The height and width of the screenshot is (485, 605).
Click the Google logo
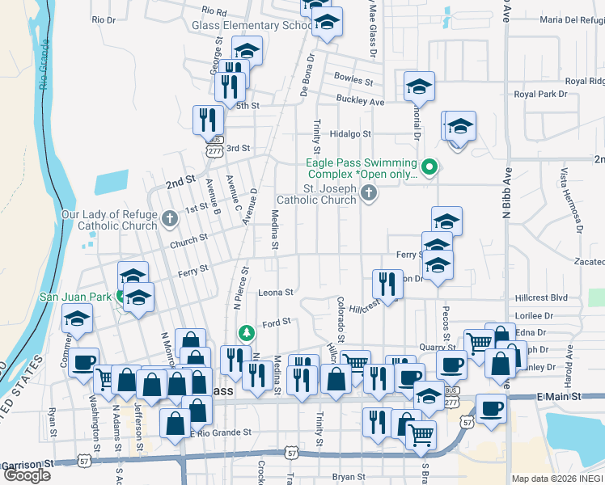pyautogui.click(x=27, y=475)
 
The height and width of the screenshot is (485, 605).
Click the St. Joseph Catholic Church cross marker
pyautogui.click(x=369, y=192)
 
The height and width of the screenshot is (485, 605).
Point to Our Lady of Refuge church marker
pyautogui.click(x=170, y=218)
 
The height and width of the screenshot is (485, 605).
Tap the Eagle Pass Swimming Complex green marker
pyautogui.click(x=430, y=168)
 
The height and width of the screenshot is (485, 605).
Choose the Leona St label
pyautogui.click(x=275, y=292)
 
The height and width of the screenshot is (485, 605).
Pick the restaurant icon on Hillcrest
pyautogui.click(x=387, y=285)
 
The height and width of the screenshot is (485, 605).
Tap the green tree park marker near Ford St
pyautogui.click(x=246, y=333)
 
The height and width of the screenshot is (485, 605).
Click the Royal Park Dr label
pyautogui.click(x=541, y=95)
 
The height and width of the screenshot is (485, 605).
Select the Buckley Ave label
pyautogui.click(x=361, y=103)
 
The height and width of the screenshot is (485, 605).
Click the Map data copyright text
pyautogui.click(x=557, y=479)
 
